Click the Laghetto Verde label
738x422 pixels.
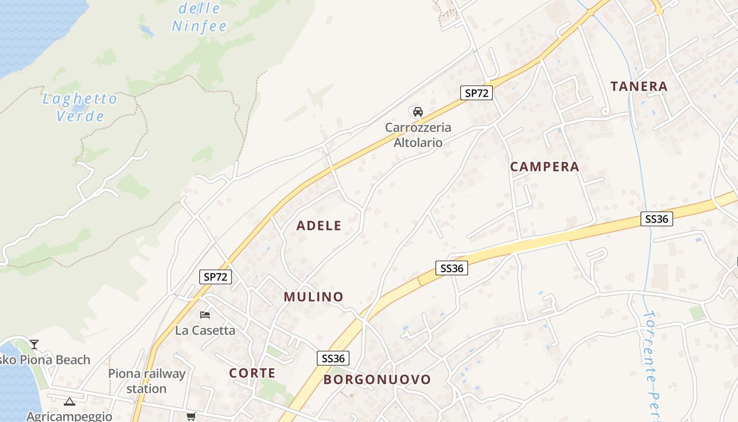[80, 107]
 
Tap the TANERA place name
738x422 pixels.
[639, 87]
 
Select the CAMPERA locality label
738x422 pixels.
[545, 167]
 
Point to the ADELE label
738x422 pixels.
[319, 226]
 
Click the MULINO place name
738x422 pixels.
[314, 297]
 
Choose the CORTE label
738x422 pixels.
[253, 373]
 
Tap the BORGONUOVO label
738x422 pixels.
[377, 379]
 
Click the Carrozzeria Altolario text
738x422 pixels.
[418, 135]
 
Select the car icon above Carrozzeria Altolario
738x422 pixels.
[418, 112]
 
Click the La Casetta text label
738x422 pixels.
[205, 331]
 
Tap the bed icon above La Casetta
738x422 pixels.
[205, 315]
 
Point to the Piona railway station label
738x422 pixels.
[147, 381]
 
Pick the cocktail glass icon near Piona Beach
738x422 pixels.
[34, 344]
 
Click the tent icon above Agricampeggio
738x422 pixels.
[69, 402]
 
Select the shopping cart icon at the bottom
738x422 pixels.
[191, 416]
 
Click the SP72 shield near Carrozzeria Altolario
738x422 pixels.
[476, 93]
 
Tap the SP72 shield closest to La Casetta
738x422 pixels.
[216, 277]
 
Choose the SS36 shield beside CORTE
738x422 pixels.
[333, 359]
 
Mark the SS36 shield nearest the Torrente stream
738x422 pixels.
[657, 219]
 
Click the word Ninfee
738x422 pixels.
[199, 26]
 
